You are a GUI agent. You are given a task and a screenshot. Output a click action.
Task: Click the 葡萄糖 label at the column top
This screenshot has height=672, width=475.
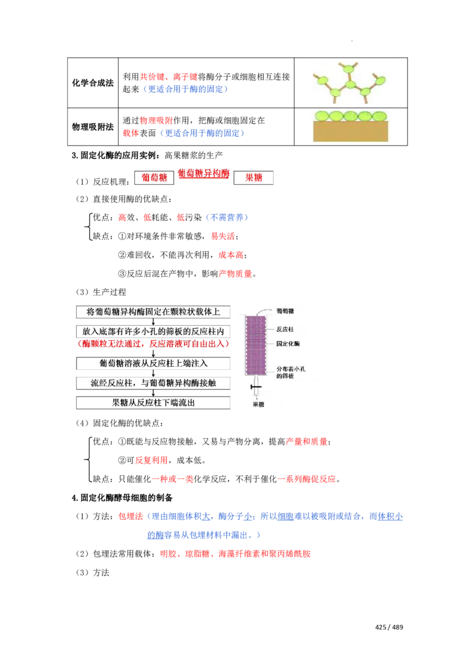click(x=284, y=310)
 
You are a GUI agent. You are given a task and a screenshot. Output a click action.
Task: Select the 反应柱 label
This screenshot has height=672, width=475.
click(x=284, y=328)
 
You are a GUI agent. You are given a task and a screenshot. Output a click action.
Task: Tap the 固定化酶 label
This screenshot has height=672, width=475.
click(x=288, y=343)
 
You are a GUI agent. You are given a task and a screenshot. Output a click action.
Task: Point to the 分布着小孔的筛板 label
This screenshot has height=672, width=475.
click(x=295, y=372)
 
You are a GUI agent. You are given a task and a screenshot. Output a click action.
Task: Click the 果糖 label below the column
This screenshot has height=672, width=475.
click(x=257, y=405)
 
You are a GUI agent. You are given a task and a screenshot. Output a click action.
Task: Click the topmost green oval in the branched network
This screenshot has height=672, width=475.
click(x=350, y=69)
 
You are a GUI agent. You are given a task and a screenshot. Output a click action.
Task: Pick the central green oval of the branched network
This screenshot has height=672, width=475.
click(x=350, y=85)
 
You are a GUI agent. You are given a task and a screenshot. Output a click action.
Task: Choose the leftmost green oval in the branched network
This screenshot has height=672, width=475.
click(x=321, y=80)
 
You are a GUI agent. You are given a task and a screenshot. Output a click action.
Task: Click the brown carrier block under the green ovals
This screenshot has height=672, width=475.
click(x=350, y=131)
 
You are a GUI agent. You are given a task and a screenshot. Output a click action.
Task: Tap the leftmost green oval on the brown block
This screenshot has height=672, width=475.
click(x=322, y=116)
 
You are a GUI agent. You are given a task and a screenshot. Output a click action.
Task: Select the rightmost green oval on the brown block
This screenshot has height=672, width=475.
click(x=379, y=116)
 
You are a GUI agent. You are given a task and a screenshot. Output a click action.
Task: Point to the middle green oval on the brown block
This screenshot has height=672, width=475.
click(x=351, y=116)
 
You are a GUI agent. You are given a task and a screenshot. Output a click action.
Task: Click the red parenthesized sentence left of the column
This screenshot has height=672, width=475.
click(x=153, y=344)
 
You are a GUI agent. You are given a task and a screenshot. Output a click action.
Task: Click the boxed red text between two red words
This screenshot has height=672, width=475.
click(x=204, y=174)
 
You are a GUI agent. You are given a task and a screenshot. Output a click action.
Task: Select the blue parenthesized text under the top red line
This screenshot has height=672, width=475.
click(x=185, y=90)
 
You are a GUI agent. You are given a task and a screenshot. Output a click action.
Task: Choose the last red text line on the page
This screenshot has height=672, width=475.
click(x=235, y=553)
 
